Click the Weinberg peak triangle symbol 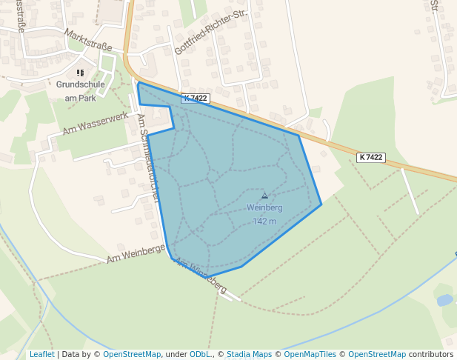(264, 196)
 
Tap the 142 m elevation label (264, 221)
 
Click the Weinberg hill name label (264, 207)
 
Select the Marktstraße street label (88, 40)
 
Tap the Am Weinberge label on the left (136, 253)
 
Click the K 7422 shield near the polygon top (196, 98)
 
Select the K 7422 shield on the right (370, 157)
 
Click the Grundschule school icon (81, 73)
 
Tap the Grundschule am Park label (81, 90)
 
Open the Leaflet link (41, 354)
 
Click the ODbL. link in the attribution (201, 354)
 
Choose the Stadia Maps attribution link (249, 354)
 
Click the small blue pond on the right (444, 300)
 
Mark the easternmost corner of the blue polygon (321, 204)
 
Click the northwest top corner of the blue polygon (138, 83)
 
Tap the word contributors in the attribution (431, 354)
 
